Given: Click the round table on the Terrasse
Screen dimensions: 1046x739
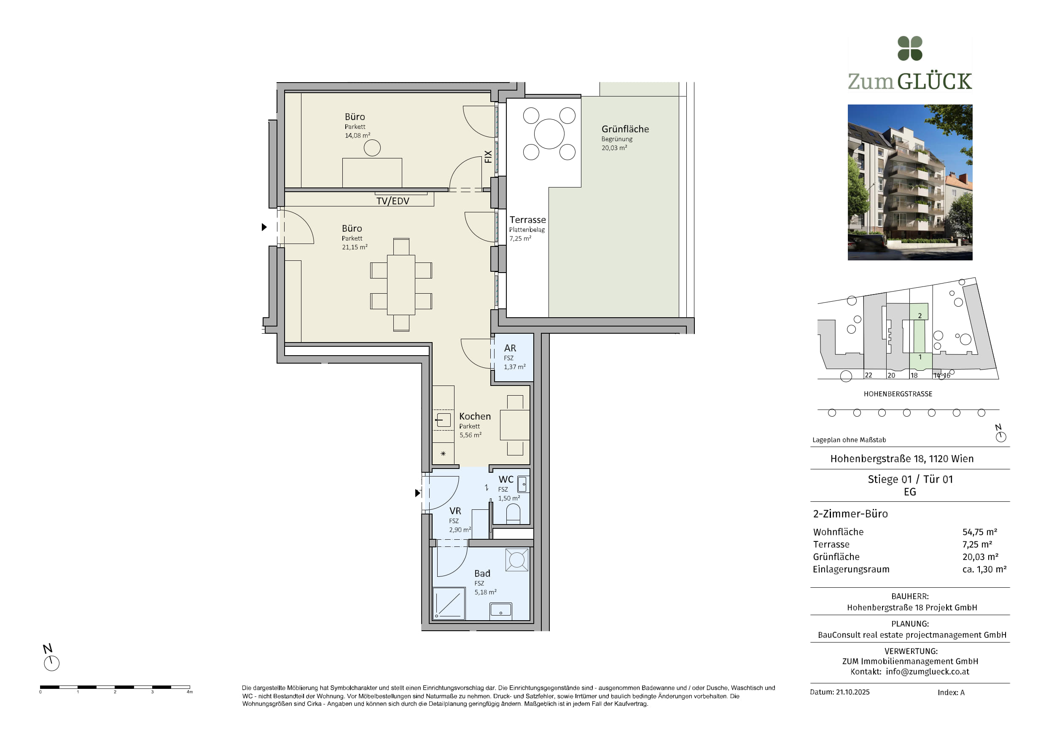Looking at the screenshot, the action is click(549, 134).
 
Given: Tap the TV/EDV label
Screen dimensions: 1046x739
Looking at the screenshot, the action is click(393, 201).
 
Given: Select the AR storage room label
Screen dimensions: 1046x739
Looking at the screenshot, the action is click(510, 348).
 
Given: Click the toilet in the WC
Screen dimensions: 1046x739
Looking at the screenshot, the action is click(513, 514).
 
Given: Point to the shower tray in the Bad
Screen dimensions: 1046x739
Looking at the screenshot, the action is click(449, 603).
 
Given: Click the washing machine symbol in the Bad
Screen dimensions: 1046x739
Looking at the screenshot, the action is click(516, 560).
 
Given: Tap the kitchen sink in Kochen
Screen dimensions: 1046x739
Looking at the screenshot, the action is click(443, 420).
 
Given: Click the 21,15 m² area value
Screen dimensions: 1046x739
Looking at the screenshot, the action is click(355, 247).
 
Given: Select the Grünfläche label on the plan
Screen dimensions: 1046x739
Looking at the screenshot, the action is click(625, 129).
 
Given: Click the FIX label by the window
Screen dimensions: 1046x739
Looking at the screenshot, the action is click(488, 157).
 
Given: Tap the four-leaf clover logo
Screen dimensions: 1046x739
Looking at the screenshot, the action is click(910, 48).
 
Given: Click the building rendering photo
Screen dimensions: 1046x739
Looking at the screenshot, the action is click(910, 182).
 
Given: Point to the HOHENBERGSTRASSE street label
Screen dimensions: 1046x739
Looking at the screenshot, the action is click(898, 394).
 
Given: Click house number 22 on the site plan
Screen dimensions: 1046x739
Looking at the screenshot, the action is click(869, 375).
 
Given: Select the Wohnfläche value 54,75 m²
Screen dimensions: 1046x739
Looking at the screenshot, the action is click(979, 532).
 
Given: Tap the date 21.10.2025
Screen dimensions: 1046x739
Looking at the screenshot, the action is click(853, 692).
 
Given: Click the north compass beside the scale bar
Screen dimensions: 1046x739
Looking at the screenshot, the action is click(51, 663).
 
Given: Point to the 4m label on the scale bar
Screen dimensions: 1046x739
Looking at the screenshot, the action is click(190, 692).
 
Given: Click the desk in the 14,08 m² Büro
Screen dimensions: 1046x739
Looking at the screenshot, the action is click(372, 173).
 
